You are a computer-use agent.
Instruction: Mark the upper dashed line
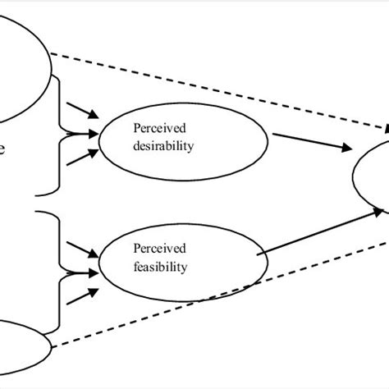222,91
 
